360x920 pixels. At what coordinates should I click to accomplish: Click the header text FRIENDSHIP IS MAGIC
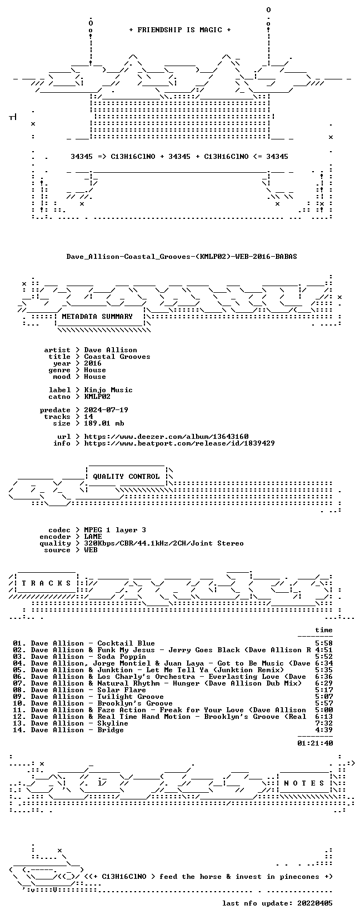pos(180,30)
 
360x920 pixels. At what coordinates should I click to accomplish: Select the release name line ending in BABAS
pos(182,257)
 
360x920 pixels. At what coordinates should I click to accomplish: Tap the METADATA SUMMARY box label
pos(97,317)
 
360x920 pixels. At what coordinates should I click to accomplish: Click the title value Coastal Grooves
pos(117,357)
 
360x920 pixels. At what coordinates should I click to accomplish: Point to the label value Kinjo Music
pos(108,390)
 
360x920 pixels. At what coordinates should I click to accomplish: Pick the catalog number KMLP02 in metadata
pos(97,397)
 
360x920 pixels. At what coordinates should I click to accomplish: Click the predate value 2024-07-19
pos(106,410)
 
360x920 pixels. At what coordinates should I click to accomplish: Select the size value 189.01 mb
pos(104,423)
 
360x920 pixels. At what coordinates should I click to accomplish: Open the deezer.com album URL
pos(166,437)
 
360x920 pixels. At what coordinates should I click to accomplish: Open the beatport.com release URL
pos(179,443)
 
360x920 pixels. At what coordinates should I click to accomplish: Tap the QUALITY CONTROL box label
pos(126,477)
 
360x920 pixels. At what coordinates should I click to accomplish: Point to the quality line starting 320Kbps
pos(164,543)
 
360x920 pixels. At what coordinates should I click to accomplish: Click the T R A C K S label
pos(46,583)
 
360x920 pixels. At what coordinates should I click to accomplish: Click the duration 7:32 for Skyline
pos(324,723)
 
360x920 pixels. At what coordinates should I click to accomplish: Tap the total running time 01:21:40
pos(315,743)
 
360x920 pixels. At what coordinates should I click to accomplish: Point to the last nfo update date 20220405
pos(315,903)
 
